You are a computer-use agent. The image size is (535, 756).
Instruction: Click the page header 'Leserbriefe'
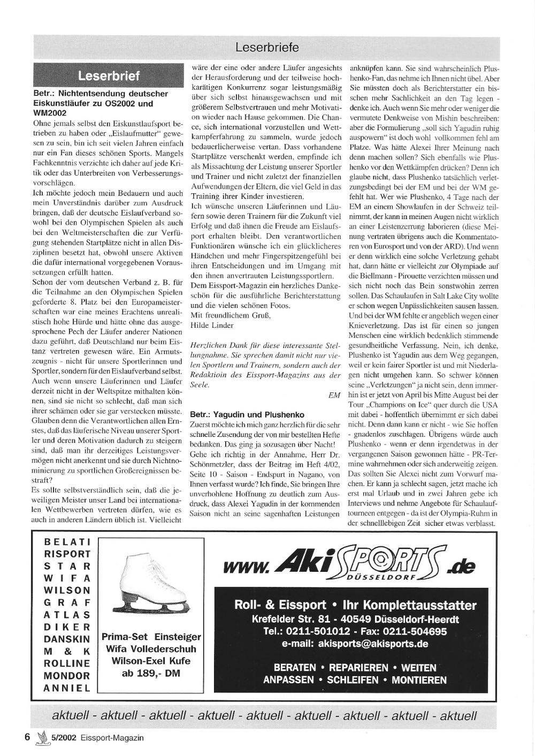coord(266,48)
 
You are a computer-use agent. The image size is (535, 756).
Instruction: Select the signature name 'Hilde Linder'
coord(212,325)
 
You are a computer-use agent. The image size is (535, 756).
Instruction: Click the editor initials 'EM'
coord(334,395)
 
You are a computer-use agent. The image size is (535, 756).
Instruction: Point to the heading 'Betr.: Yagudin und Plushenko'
coord(247,414)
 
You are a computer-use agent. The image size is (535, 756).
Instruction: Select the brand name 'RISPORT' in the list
coord(67,554)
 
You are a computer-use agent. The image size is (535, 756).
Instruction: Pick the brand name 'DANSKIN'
coord(67,639)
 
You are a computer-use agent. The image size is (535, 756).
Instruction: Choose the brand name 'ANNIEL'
coord(67,688)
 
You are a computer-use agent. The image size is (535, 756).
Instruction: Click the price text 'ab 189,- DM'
coord(151,674)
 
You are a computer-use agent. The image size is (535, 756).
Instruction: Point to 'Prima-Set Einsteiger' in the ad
coord(151,637)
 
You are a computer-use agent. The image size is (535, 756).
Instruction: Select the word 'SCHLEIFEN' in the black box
coord(353,680)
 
